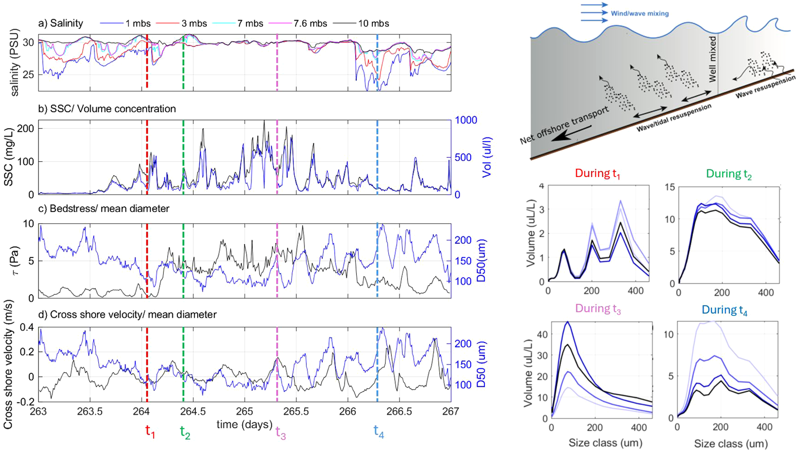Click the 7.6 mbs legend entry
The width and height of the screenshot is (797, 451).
tap(310, 24)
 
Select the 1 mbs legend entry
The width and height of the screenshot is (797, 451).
tap(138, 24)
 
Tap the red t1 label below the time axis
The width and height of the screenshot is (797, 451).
tap(150, 431)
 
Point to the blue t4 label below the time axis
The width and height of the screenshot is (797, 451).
tap(379, 431)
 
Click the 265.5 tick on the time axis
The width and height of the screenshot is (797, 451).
tap(296, 411)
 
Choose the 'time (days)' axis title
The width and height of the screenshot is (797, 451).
tap(244, 424)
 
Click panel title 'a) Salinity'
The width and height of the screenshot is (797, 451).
tap(61, 23)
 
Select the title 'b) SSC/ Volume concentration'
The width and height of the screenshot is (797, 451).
tap(107, 109)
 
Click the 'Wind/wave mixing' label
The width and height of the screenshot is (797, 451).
tap(640, 13)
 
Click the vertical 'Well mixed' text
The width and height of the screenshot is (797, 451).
tap(712, 59)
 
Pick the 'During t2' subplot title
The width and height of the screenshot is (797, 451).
tap(729, 174)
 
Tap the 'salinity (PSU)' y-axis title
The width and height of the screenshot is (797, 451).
tap(15, 62)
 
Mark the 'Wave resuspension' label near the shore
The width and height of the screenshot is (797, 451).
tap(766, 87)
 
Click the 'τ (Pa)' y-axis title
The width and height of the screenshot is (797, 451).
tap(16, 260)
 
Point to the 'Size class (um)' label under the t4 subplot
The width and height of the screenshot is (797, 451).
tap(730, 443)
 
